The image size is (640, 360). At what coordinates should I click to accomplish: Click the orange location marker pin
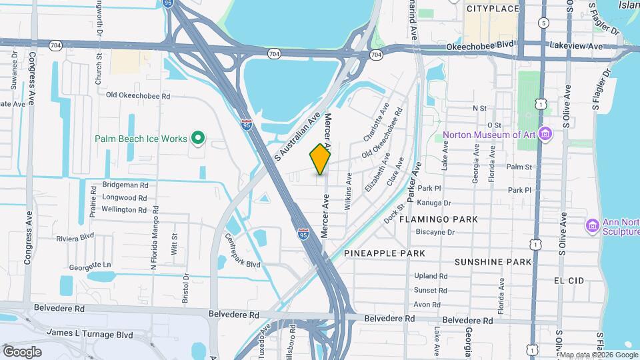coord(320,159)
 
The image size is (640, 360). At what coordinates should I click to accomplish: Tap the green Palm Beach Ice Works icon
coord(197,139)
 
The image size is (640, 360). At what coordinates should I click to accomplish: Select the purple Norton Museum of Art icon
coord(545,134)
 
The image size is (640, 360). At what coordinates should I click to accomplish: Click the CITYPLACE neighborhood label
coord(493,9)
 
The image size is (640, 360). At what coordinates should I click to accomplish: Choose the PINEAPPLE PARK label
coord(385,253)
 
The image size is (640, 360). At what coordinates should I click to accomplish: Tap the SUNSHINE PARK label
coord(493,262)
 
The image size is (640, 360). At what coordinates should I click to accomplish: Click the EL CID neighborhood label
coord(569,281)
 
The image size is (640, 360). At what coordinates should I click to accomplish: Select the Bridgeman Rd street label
coord(125,184)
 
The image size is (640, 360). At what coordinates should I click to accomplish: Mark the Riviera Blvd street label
coord(75,237)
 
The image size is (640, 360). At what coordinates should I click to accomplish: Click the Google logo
coord(22,351)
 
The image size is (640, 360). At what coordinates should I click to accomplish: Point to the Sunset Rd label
coord(430,290)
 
